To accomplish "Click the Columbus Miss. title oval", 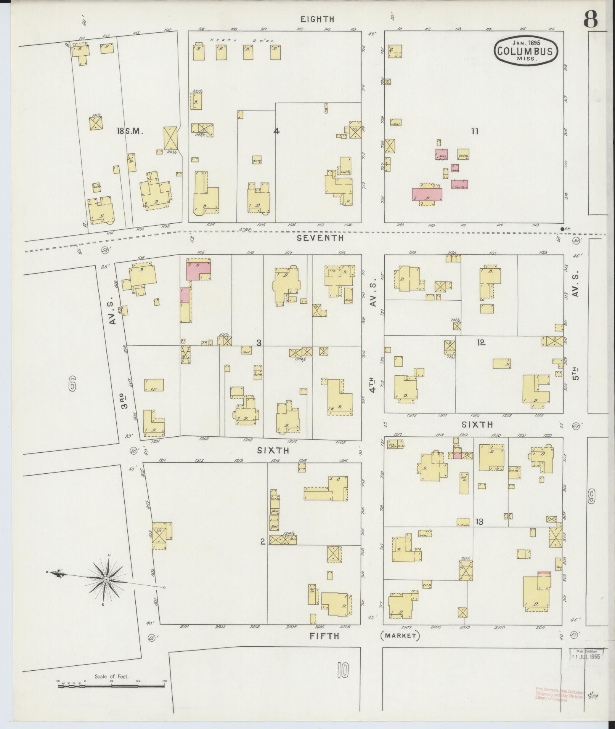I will [526, 51].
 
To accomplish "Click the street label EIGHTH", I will [317, 19].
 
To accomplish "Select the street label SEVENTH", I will [320, 238].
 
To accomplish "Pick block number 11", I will [474, 131].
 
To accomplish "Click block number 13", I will [479, 522].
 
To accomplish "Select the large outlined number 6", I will [72, 384].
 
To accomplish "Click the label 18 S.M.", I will [130, 131].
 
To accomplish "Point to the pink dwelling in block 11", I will [427, 194].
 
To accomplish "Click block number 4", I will [276, 131].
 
